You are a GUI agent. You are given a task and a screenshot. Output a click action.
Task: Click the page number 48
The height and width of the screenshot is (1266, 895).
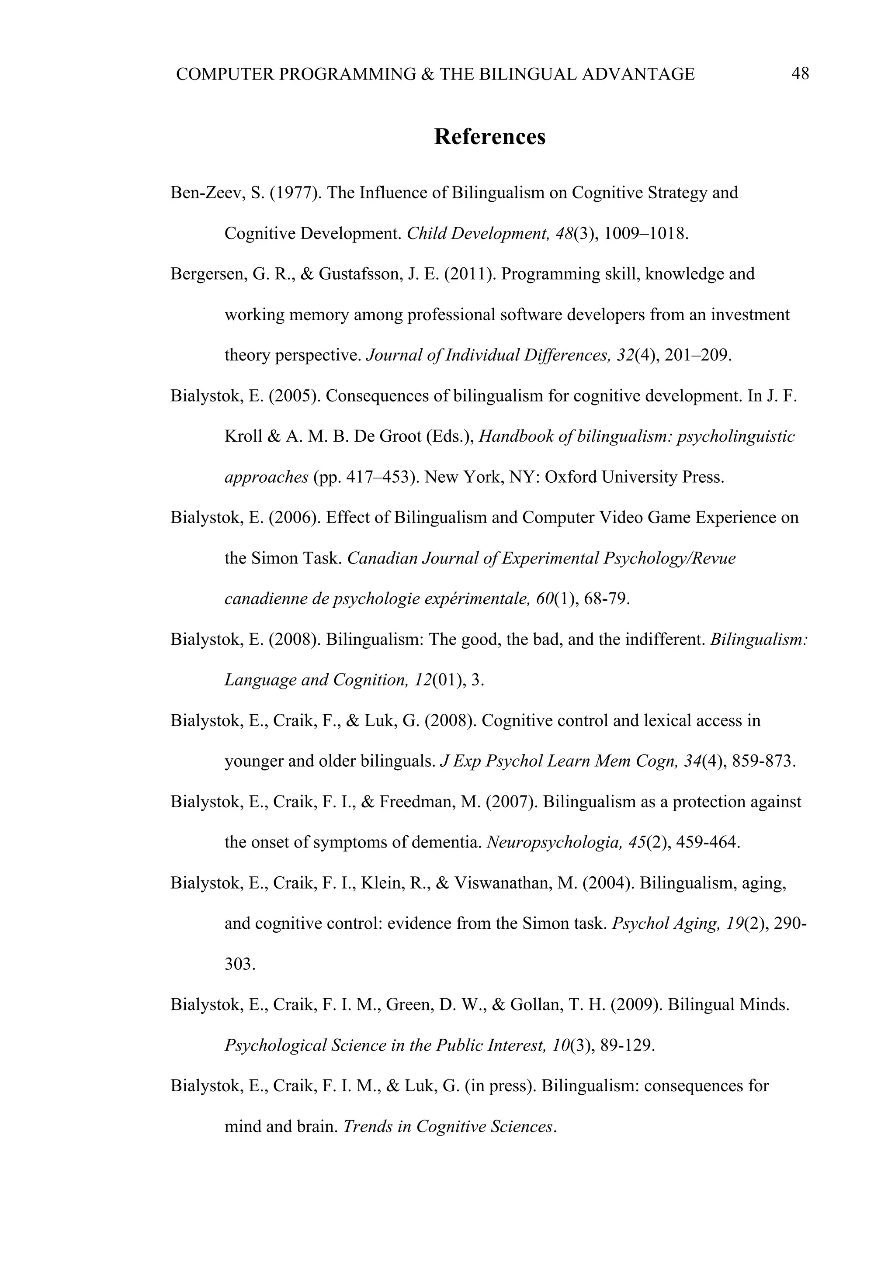tap(800, 73)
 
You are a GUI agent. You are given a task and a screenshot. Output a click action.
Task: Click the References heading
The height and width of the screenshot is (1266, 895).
tap(490, 137)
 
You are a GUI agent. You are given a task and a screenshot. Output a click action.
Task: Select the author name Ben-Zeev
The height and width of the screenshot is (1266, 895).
tap(205, 193)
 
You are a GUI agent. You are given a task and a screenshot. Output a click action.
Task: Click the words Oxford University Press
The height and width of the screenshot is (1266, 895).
tap(634, 477)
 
